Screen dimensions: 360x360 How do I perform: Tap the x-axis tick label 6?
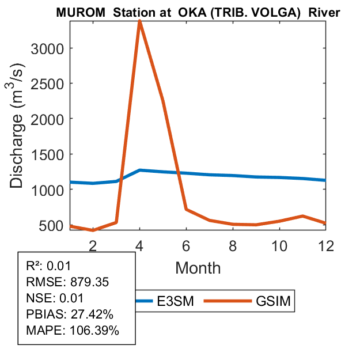(x=186, y=245)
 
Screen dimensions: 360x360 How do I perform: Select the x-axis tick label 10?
(x=279, y=245)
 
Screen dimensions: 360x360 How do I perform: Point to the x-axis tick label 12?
(x=326, y=245)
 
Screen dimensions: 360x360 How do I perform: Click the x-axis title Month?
(x=198, y=267)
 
